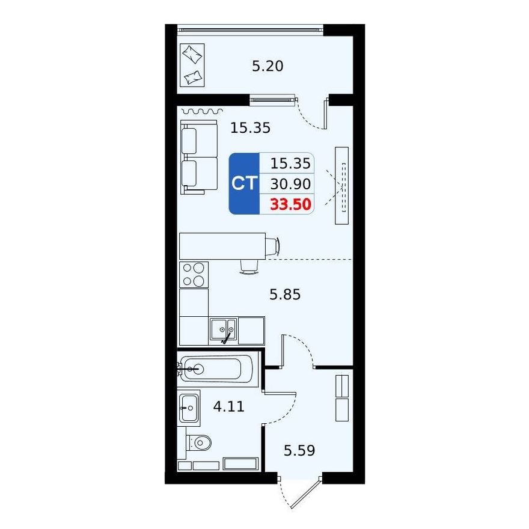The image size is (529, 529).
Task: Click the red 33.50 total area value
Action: (290, 204)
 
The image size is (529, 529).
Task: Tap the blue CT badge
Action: (244, 183)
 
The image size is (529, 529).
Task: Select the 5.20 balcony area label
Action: (268, 66)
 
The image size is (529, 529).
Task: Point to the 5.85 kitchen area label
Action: (285, 295)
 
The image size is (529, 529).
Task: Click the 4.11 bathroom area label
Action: (229, 406)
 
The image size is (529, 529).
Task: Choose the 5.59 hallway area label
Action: (299, 450)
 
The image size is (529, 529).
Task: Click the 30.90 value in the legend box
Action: (290, 184)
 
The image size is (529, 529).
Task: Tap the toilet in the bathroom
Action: (199, 442)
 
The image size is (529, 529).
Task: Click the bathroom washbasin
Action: (189, 408)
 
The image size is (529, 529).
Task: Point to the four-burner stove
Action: (194, 275)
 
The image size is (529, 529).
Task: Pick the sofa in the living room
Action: (199, 157)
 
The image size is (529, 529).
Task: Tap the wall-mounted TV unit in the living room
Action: (341, 186)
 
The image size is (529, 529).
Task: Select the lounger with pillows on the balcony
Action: (191, 65)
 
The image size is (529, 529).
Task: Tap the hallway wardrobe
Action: (342, 398)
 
